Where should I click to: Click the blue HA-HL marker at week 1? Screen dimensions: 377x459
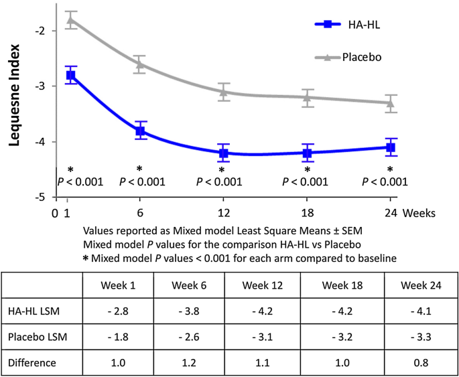pyautogui.click(x=70, y=75)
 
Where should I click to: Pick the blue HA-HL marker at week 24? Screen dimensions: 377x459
pyautogui.click(x=390, y=147)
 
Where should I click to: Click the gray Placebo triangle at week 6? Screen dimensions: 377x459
pyautogui.click(x=139, y=64)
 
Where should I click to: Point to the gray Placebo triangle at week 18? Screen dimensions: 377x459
pyautogui.click(x=308, y=97)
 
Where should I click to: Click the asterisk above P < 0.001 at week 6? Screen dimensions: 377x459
pyautogui.click(x=139, y=169)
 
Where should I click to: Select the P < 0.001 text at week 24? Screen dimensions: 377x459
pyautogui.click(x=385, y=181)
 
